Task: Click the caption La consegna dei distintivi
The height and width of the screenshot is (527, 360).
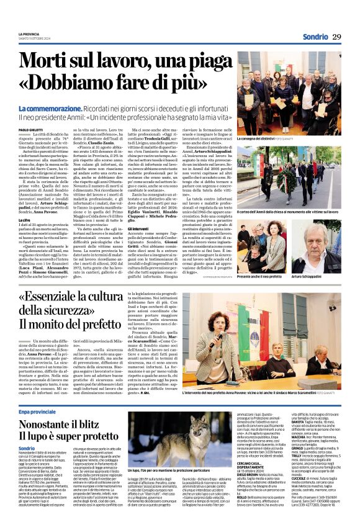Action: (x=268, y=138)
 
